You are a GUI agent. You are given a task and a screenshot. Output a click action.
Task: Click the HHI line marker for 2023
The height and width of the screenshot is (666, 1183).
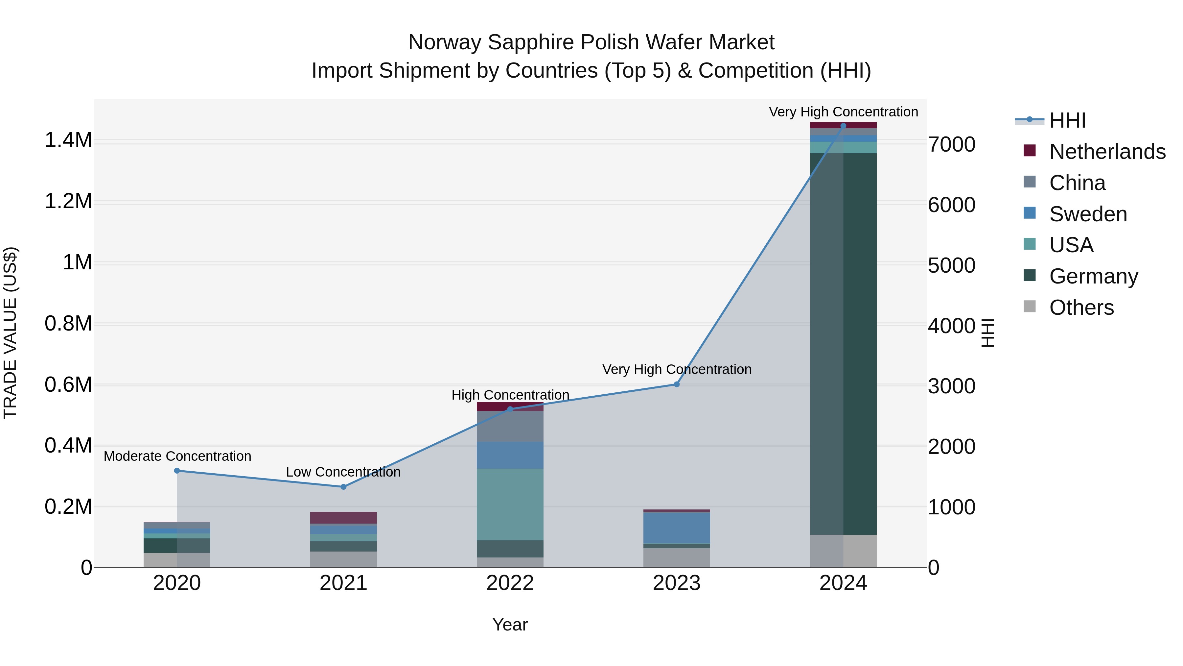pos(677,384)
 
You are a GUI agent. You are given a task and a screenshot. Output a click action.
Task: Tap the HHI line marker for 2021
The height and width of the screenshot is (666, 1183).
pos(343,487)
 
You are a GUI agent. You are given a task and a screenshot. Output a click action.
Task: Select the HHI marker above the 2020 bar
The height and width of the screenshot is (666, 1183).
pos(177,471)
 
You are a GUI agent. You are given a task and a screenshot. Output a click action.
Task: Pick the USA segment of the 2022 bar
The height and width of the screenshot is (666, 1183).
pos(510,504)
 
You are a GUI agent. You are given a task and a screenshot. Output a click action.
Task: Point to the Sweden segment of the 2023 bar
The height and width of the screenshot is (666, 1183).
pos(677,528)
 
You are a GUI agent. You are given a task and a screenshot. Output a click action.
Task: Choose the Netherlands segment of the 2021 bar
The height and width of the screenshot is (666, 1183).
pos(343,518)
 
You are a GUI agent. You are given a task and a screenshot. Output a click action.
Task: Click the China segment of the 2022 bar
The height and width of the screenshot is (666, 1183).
pos(510,427)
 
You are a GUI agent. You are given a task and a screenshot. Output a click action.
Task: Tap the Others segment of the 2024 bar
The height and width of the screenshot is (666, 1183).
pos(843,551)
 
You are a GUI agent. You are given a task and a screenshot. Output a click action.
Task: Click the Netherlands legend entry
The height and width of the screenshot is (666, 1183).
pos(1107,152)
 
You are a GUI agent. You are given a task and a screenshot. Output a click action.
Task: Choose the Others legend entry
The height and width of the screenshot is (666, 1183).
pos(1081,308)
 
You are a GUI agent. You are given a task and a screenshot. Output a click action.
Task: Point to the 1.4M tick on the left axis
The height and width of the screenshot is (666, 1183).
pos(68,140)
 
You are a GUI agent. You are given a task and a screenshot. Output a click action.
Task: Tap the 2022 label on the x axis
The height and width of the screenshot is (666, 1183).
pos(510,583)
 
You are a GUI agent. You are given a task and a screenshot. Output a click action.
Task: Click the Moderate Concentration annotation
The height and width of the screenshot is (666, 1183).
pos(177,456)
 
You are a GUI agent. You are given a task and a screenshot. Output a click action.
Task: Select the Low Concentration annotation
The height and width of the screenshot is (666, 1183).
pos(343,472)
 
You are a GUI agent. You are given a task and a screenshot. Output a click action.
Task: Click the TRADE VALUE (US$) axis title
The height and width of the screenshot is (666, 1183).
pos(10,333)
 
